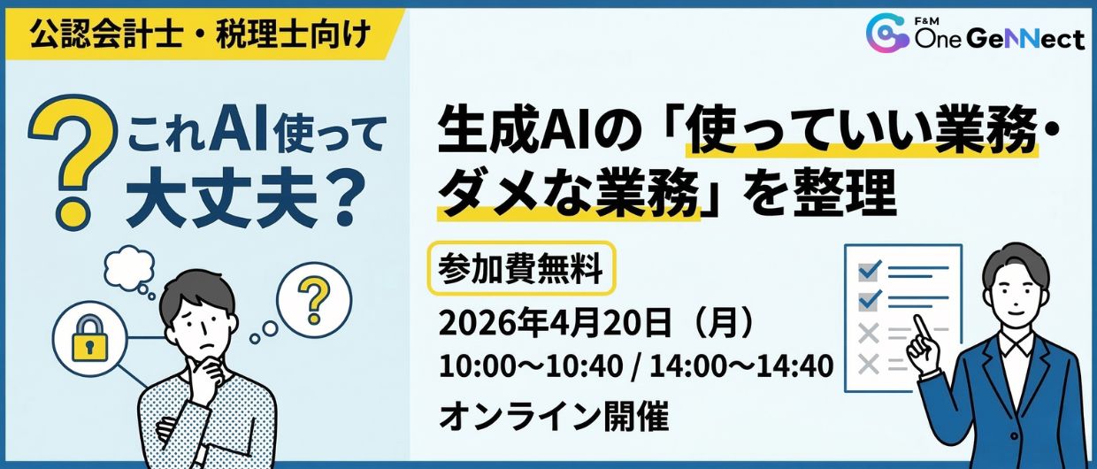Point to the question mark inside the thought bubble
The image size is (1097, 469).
tap(314, 299)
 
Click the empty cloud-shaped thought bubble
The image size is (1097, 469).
tap(129, 267)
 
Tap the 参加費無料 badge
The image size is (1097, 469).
tap(521, 268)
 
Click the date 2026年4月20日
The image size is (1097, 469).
tap(555, 323)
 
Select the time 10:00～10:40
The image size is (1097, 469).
tap(531, 367)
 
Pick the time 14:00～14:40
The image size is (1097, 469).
tap(741, 367)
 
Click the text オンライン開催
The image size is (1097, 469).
tap(555, 417)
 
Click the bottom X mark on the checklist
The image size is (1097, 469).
tap(869, 365)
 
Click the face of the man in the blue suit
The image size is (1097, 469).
tap(1017, 295)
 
